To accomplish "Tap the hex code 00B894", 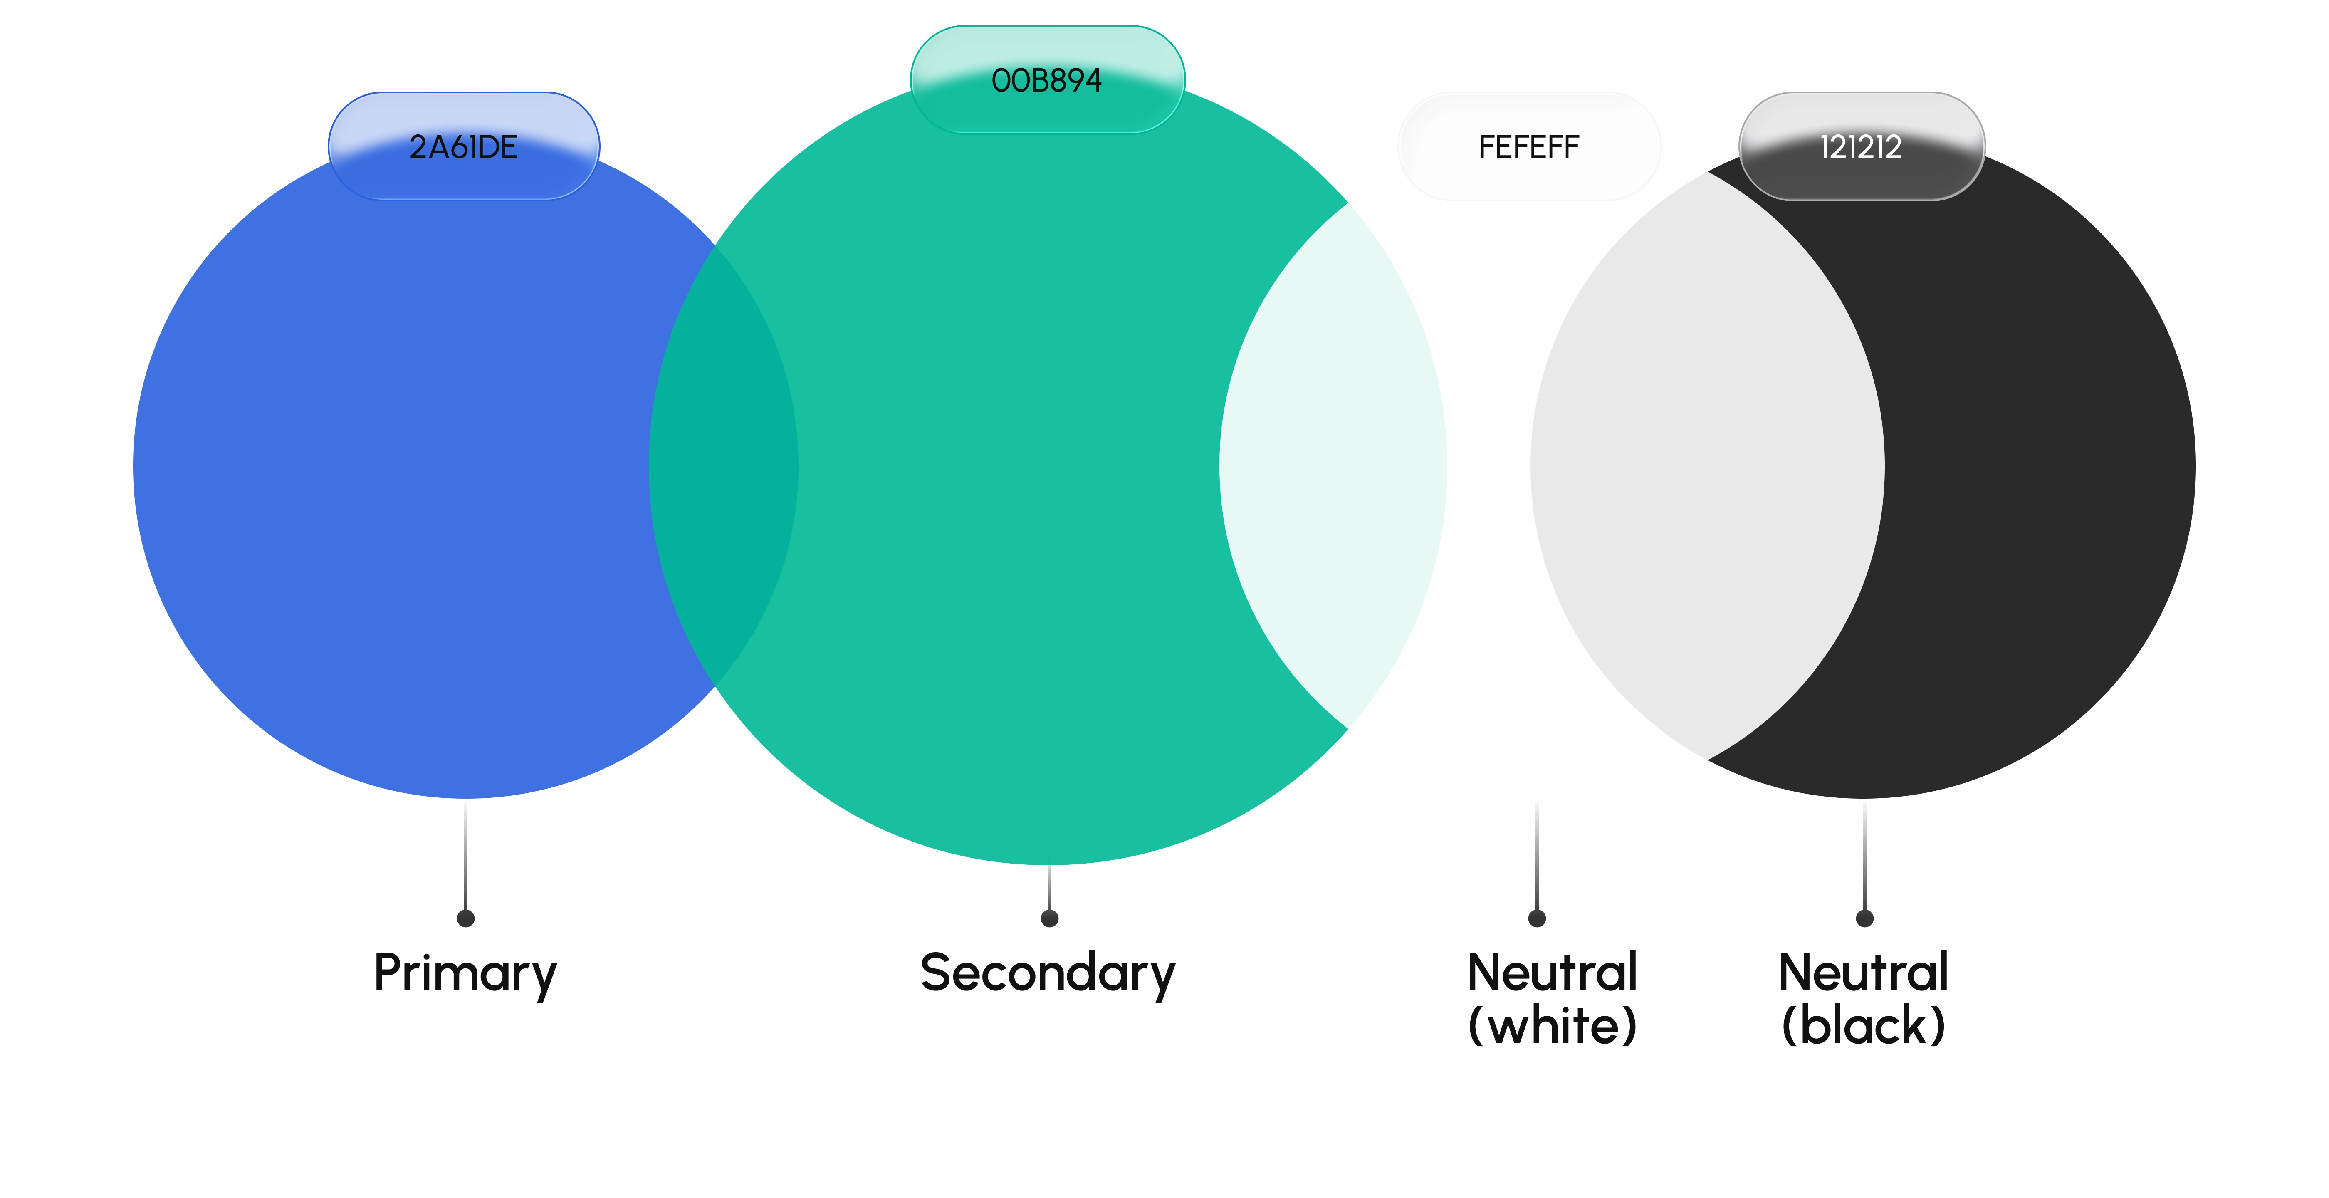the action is tap(1047, 80).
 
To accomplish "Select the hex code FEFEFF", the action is tap(1529, 146).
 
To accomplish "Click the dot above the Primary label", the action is tap(466, 918).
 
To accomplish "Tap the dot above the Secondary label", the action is tap(1050, 918).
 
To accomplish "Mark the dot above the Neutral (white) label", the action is tap(1537, 918).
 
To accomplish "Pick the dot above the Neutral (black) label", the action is tap(1864, 918).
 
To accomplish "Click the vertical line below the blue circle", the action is tap(466, 854).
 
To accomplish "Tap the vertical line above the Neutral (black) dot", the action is tap(1864, 854).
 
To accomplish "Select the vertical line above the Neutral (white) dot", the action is tap(1537, 854).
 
